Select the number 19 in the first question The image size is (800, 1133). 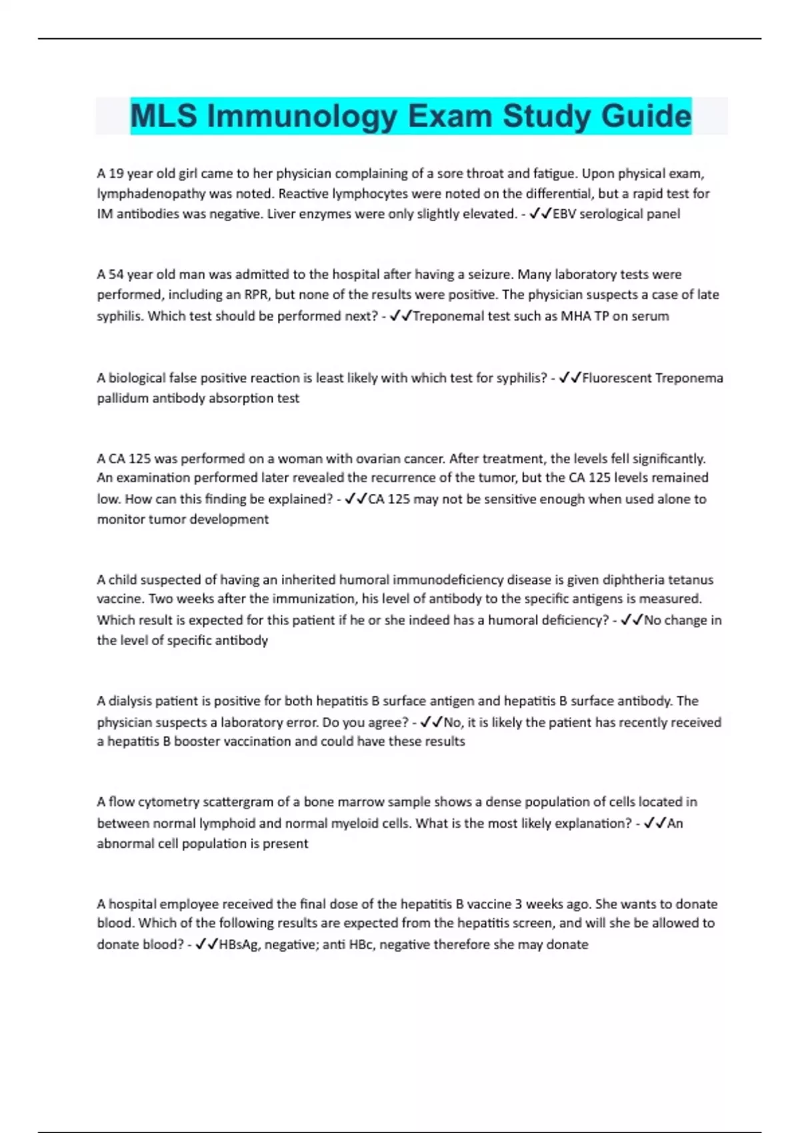[x=116, y=173]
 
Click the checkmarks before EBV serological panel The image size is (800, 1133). [x=540, y=214]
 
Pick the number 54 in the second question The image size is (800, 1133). [x=116, y=275]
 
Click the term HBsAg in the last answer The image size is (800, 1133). [x=239, y=944]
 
